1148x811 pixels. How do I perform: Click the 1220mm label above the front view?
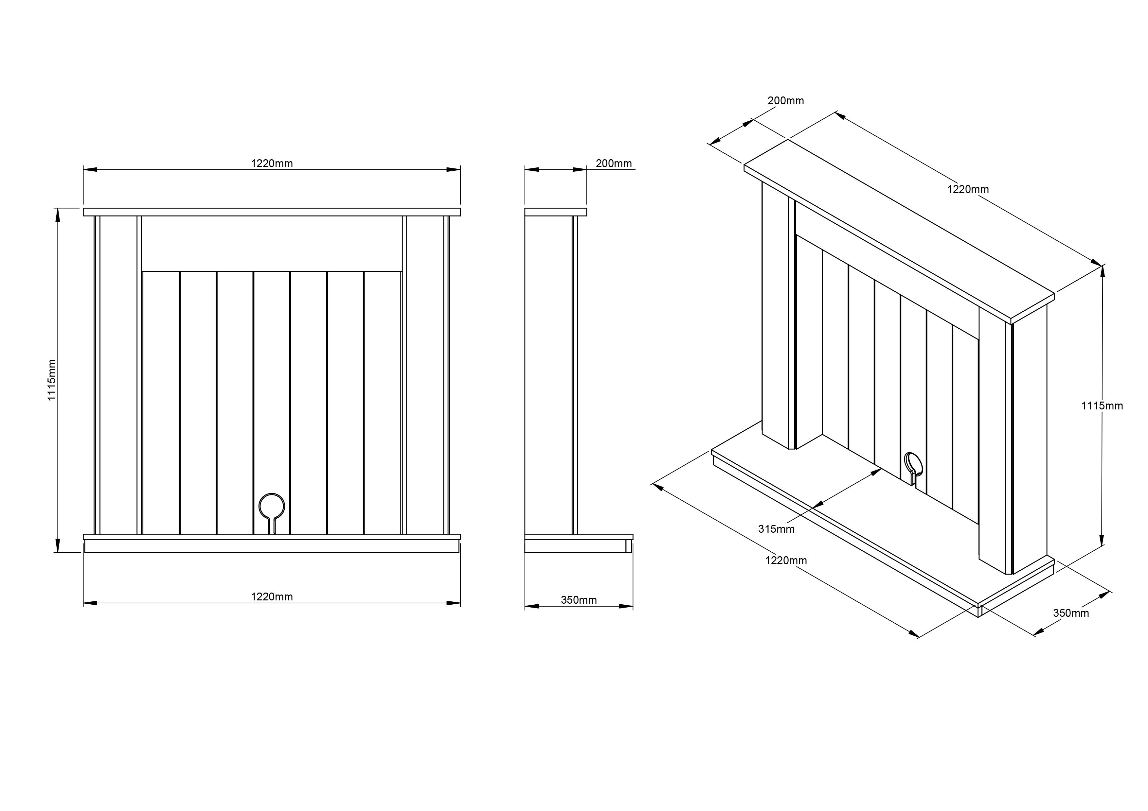click(x=272, y=164)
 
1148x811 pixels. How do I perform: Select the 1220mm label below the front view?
click(x=272, y=596)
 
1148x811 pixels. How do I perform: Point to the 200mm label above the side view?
click(x=614, y=164)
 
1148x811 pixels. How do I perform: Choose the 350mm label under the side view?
click(x=579, y=600)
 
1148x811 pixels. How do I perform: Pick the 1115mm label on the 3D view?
click(x=1102, y=406)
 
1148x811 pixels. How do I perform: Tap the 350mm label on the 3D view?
click(x=1071, y=613)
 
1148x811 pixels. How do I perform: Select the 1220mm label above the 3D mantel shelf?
click(x=968, y=189)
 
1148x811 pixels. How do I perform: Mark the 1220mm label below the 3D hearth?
click(x=786, y=561)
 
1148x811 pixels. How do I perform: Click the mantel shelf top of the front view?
click(x=272, y=212)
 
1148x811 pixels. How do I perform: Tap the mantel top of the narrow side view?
click(x=555, y=212)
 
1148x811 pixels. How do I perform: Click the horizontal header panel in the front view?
click(x=272, y=244)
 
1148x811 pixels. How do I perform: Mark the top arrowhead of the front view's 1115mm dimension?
click(x=58, y=215)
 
